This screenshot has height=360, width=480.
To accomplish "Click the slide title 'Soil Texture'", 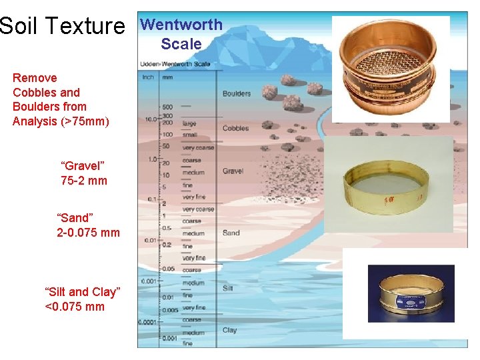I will (x=63, y=26).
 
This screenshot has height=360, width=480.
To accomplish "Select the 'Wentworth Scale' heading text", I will (x=181, y=35).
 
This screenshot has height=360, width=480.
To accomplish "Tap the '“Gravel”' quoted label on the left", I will (x=83, y=166).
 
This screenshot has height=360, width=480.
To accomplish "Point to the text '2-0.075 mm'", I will (x=89, y=233).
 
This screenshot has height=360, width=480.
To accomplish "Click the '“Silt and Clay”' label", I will (x=82, y=292).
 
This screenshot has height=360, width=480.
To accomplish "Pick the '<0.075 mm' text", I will (x=74, y=307).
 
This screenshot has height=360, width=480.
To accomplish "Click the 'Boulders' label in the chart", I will (x=237, y=93).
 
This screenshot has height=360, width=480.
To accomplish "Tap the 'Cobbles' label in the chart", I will (x=235, y=128).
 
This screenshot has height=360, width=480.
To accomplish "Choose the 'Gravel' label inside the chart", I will (x=233, y=171).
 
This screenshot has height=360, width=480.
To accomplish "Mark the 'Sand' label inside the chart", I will (x=231, y=233).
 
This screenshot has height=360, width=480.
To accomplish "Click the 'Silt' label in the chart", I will (x=227, y=288).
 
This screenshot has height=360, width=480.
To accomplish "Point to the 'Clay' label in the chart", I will (x=229, y=330).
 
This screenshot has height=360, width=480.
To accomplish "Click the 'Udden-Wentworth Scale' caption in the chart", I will (x=175, y=65).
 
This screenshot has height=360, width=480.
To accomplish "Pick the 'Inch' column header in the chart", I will (x=148, y=77).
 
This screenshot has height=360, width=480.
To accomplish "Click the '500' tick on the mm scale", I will (x=167, y=106).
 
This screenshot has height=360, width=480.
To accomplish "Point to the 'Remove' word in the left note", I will (x=35, y=78).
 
